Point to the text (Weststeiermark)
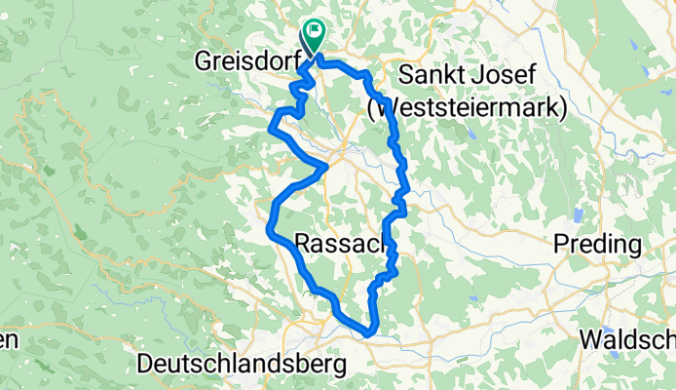(x=468, y=107)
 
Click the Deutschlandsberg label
(x=243, y=365)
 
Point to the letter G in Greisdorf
(x=205, y=61)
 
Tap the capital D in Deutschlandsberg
(x=146, y=365)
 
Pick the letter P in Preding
(x=560, y=246)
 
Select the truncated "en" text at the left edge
(x=8, y=340)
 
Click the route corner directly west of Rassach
(x=270, y=230)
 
